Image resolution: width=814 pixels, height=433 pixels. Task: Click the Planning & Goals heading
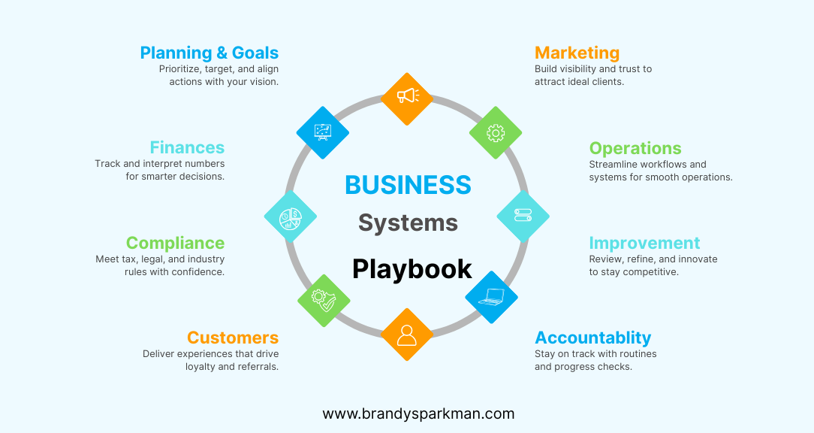pyautogui.click(x=209, y=53)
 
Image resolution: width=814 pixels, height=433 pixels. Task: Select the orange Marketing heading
pyautogui.click(x=577, y=53)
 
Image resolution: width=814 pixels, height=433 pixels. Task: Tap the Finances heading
pyautogui.click(x=187, y=148)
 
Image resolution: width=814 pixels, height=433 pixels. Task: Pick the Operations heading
pyautogui.click(x=635, y=148)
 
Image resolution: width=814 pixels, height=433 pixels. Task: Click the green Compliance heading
pyautogui.click(x=175, y=243)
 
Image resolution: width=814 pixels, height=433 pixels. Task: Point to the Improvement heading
pyautogui.click(x=644, y=243)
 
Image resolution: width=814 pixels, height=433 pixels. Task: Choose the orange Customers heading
pyautogui.click(x=233, y=338)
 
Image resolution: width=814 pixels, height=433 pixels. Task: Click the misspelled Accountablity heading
pyautogui.click(x=592, y=338)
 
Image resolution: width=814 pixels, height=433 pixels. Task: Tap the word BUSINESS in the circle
pyautogui.click(x=408, y=185)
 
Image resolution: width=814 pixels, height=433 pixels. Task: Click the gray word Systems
pyautogui.click(x=408, y=223)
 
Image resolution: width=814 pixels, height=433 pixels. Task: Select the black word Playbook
pyautogui.click(x=412, y=269)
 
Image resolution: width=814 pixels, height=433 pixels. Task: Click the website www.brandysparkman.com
pyautogui.click(x=418, y=413)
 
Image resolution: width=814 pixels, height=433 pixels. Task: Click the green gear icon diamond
pyautogui.click(x=496, y=133)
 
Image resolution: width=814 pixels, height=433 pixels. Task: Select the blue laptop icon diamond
pyautogui.click(x=491, y=297)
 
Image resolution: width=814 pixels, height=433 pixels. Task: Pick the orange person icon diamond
pyautogui.click(x=407, y=334)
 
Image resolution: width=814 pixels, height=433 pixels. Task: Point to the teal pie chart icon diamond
pyautogui.click(x=290, y=216)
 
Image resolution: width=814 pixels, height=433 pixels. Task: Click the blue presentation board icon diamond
pyautogui.click(x=323, y=132)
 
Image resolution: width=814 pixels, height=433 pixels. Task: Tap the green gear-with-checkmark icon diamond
pyautogui.click(x=324, y=300)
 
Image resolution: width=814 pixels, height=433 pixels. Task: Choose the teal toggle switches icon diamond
pyautogui.click(x=523, y=216)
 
